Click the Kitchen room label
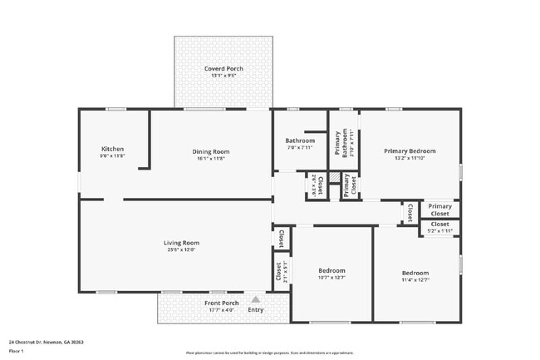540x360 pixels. click(112, 150)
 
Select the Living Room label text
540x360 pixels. click(181, 243)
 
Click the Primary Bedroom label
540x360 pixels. click(410, 150)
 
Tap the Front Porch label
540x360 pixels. click(222, 303)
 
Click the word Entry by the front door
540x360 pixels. click(256, 310)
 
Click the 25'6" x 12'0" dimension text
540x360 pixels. click(181, 250)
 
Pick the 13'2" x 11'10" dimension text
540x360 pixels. click(410, 158)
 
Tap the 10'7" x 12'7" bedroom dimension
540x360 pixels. click(331, 278)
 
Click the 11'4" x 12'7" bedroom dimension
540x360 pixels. click(415, 280)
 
